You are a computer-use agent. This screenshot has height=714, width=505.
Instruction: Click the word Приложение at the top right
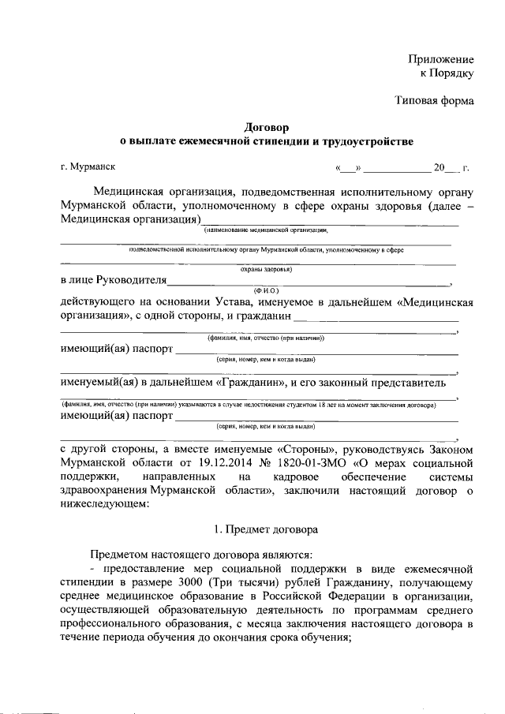[440, 59]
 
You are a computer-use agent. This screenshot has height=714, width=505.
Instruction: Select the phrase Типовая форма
[434, 101]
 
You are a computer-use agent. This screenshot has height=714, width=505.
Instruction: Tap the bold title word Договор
[267, 126]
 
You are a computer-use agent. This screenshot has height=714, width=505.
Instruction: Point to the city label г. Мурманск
[88, 167]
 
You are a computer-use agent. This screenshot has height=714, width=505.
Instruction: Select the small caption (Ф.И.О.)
[267, 290]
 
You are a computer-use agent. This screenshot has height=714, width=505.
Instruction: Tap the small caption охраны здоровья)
[267, 269]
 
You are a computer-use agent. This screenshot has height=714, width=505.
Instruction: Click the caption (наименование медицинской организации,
[266, 230]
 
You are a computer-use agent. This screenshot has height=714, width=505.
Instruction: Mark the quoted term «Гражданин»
[251, 383]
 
